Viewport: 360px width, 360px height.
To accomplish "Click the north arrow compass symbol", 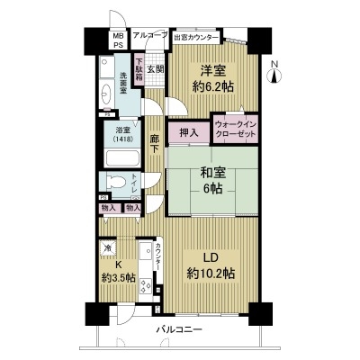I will (x=276, y=73).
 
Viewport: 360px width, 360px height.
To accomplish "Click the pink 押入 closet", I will (x=188, y=132).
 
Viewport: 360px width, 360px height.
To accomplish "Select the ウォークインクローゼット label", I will (x=235, y=127).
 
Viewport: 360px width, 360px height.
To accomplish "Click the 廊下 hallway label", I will (x=154, y=143).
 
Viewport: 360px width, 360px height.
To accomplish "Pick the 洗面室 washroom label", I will (x=123, y=81).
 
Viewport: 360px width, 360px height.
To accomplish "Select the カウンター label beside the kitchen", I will (x=158, y=254).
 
